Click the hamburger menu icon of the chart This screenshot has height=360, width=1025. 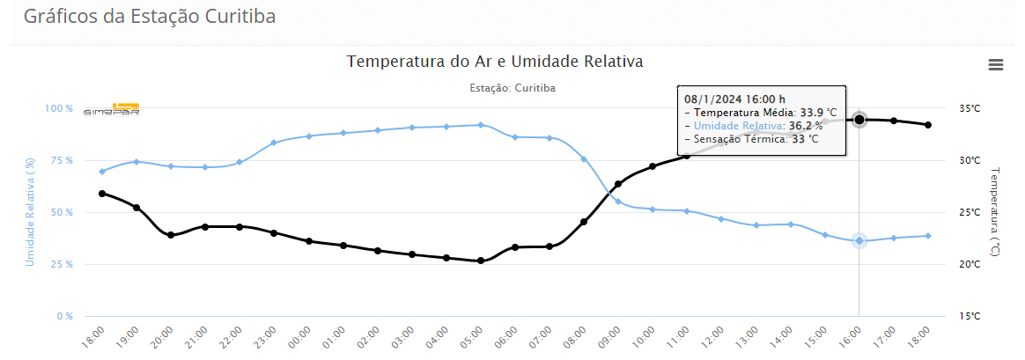pyautogui.click(x=996, y=64)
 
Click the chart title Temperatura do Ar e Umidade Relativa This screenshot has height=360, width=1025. pyautogui.click(x=495, y=62)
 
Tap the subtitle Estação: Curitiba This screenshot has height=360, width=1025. pyautogui.click(x=512, y=88)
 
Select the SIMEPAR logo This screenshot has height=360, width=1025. pyautogui.click(x=112, y=109)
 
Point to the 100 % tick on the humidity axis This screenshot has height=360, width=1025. pyautogui.click(x=59, y=108)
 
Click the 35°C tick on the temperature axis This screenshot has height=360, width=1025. pyautogui.click(x=969, y=108)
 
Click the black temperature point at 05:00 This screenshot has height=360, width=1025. pyautogui.click(x=481, y=261)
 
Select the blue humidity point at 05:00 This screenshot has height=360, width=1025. pyautogui.click(x=481, y=125)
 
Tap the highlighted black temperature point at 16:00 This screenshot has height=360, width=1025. pyautogui.click(x=859, y=120)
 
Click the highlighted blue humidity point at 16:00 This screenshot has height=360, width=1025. pyautogui.click(x=859, y=240)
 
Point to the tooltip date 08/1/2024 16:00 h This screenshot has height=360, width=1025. pyautogui.click(x=734, y=99)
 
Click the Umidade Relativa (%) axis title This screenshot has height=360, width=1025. pyautogui.click(x=31, y=211)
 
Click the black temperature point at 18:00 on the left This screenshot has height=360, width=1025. pyautogui.click(x=102, y=194)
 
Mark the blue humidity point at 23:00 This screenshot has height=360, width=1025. pyautogui.click(x=274, y=143)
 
